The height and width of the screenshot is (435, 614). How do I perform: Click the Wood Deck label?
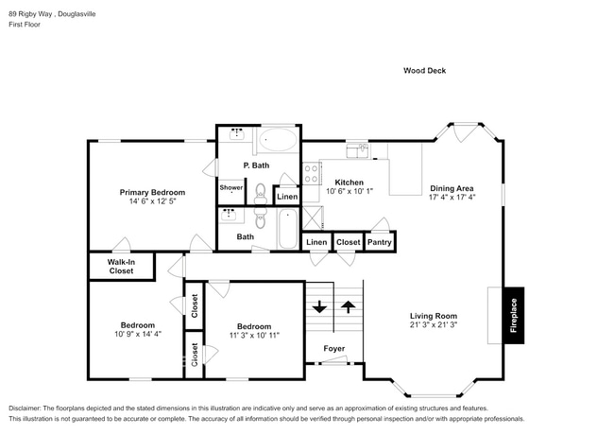(424, 70)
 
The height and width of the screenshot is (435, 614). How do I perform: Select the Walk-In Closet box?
(120, 266)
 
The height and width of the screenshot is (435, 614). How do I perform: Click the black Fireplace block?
(514, 315)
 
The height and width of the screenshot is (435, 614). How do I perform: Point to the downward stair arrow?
(319, 307)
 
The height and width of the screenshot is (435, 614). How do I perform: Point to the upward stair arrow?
(349, 307)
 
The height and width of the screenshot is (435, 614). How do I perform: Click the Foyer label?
(334, 348)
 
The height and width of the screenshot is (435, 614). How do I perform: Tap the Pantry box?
(380, 242)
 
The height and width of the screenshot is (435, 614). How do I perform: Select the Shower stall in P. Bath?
(232, 187)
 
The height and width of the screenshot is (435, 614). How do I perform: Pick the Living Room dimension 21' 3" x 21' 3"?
(434, 325)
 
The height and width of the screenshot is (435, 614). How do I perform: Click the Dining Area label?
(452, 188)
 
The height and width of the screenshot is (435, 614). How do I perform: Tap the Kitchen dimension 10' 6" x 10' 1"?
(350, 192)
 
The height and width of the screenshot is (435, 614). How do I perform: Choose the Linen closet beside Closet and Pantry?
(317, 242)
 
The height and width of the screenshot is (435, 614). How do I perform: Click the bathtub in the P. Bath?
(277, 141)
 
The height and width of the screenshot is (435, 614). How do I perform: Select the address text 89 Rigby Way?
(34, 14)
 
